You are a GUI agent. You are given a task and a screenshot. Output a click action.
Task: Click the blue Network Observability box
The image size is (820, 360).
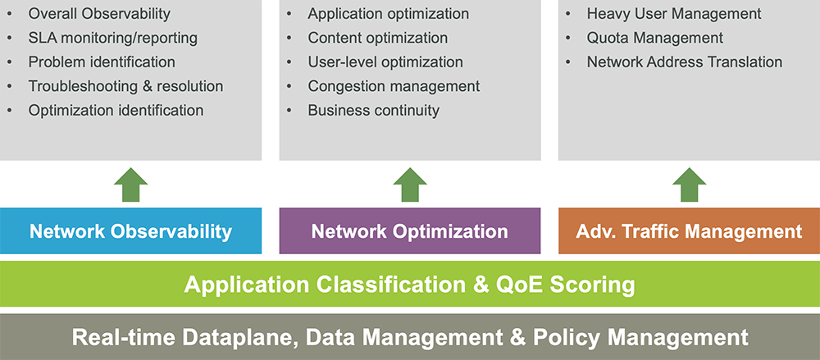coord(130,231)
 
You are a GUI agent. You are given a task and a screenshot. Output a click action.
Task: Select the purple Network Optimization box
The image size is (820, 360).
coord(409,231)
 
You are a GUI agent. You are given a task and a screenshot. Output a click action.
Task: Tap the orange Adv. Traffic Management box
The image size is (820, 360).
coord(689,231)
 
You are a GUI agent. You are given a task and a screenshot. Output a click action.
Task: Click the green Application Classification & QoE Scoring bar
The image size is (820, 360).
coord(409,285)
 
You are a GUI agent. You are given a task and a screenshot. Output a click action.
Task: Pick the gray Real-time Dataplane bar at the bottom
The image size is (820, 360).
coord(409,337)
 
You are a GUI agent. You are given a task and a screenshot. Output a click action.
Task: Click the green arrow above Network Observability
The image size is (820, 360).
coord(130,185)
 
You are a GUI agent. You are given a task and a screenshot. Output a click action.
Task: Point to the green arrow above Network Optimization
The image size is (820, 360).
coord(409,185)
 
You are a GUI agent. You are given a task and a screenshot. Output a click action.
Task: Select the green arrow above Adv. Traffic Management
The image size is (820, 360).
coord(689,185)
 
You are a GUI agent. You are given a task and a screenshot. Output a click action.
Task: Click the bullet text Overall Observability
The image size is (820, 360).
coord(99,14)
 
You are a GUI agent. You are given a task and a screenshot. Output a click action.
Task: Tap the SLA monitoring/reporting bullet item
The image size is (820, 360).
coord(112,38)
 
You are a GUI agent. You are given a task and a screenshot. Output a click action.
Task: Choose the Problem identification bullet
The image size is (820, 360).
coord(102,62)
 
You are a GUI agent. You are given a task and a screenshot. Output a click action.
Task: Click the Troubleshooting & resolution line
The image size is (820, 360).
coord(125,86)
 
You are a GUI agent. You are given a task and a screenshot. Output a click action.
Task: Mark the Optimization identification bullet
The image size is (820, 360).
coord(116,110)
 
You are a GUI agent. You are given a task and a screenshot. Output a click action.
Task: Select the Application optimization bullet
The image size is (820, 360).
coord(389,14)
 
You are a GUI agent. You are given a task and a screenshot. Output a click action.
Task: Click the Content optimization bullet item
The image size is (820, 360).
coord(378,38)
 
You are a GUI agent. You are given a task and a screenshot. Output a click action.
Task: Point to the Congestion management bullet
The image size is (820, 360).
coord(394,86)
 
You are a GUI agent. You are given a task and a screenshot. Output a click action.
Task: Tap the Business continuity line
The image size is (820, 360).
coord(374,110)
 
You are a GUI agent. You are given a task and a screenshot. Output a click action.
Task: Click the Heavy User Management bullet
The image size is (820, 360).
coord(674,14)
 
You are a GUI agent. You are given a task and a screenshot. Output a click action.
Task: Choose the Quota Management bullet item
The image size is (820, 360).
coord(654,38)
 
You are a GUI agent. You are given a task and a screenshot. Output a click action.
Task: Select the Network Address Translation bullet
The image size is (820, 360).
coord(685,62)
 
